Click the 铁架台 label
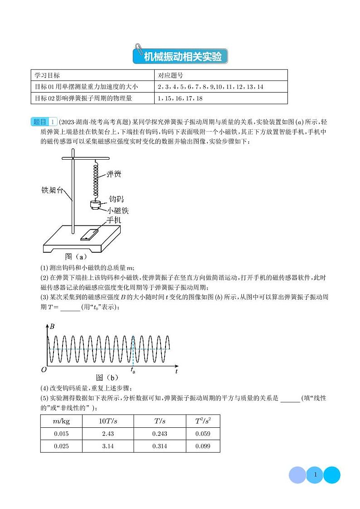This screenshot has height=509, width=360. [52, 190]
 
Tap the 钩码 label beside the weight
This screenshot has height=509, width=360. [116, 199]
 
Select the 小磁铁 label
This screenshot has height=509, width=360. [118, 210]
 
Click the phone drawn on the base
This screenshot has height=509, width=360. [88, 235]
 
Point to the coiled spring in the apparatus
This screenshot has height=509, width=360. [96, 181]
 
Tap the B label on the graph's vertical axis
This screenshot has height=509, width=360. [53, 327]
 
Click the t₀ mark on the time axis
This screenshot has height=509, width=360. [133, 371]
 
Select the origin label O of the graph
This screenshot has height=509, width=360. [44, 370]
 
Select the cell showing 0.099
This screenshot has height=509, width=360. [203, 446]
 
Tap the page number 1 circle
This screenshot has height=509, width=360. [315, 475]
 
